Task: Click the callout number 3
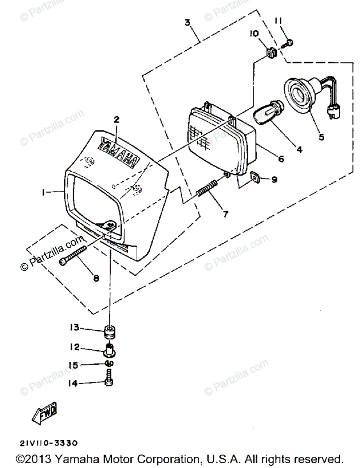[188, 22]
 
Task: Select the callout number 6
[280, 159]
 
